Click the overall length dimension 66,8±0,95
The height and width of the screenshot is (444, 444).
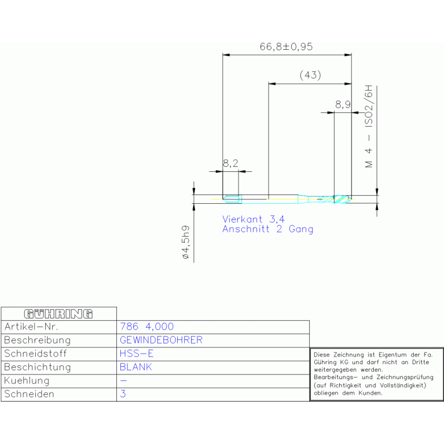287,46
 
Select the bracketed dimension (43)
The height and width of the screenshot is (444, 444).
310,75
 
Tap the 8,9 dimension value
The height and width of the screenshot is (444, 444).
343,105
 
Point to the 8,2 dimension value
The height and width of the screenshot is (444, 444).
230,163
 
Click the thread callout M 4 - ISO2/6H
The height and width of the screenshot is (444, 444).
369,126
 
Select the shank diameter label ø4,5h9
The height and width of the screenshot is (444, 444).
185,242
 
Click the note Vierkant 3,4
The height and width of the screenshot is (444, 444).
254,219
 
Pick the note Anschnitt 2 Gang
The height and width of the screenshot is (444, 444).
268,229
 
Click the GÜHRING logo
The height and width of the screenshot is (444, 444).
58,314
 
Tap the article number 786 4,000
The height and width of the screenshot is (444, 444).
146,326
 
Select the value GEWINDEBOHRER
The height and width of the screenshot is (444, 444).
161,340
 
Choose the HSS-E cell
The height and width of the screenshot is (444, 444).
137,353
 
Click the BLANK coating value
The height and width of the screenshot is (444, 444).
136,367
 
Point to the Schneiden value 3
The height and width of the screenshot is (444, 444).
123,394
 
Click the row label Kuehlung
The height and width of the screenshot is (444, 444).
27,381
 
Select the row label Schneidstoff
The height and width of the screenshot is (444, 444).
35,354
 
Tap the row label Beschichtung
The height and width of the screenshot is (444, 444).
38,367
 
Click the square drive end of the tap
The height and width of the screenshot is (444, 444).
232,199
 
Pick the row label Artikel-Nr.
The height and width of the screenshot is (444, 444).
31,326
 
